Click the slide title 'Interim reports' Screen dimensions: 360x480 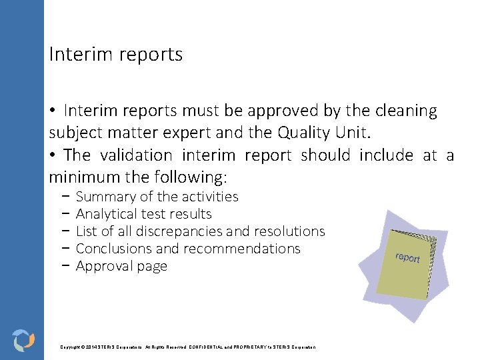click(115, 55)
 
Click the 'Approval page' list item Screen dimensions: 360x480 click(121, 266)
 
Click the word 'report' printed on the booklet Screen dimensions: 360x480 click(407, 257)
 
